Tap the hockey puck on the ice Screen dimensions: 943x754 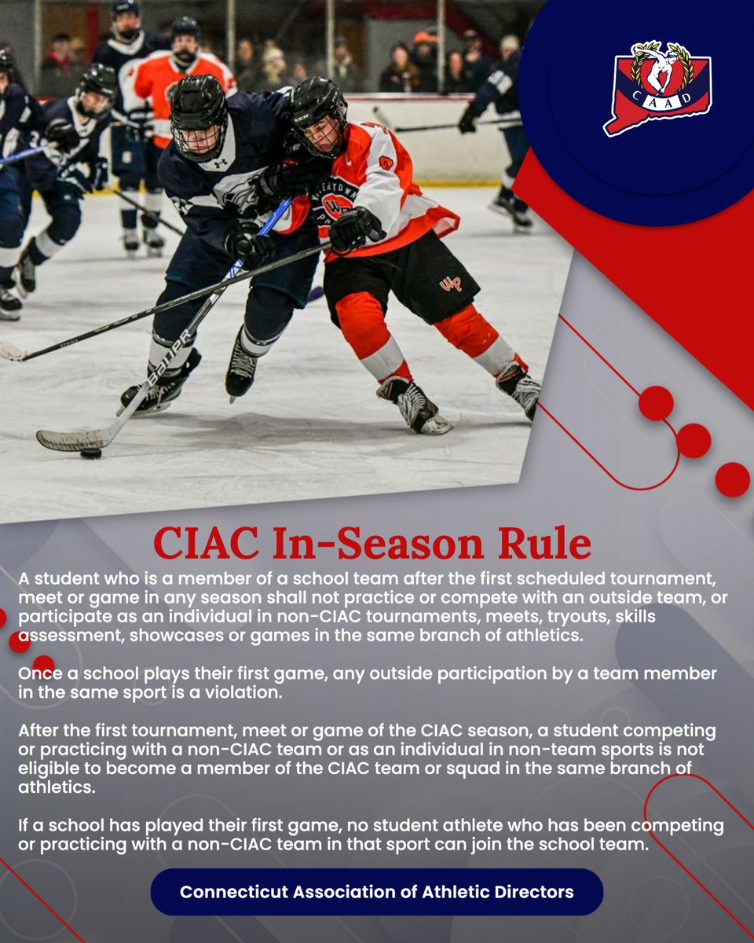[x=91, y=453]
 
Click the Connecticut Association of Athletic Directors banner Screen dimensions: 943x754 [x=376, y=892]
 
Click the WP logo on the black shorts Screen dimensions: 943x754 [x=450, y=283]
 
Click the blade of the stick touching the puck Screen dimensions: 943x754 [x=71, y=440]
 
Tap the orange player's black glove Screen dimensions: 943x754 [x=353, y=229]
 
